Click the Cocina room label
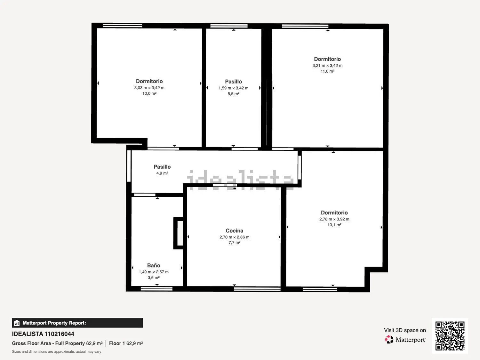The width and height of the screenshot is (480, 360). [x=234, y=231]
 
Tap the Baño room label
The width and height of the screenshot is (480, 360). [x=154, y=265]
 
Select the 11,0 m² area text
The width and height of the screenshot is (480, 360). [x=327, y=71]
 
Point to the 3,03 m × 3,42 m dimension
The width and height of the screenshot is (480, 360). [x=149, y=88]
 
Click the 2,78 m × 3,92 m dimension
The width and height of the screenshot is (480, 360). [x=334, y=219]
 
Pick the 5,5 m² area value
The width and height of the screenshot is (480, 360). [x=233, y=94]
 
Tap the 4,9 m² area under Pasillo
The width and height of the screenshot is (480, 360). [x=162, y=173]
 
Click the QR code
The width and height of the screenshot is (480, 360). [x=450, y=336]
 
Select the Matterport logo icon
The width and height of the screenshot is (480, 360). [x=389, y=340]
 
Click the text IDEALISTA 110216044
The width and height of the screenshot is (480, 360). [x=43, y=334]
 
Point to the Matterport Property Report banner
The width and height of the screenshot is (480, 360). [x=77, y=323]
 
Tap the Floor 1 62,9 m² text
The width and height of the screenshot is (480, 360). [x=126, y=343]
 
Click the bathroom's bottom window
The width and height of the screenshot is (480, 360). [x=156, y=289]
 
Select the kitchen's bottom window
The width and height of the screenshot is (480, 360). [x=257, y=289]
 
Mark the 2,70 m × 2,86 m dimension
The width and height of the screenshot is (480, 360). [x=235, y=237]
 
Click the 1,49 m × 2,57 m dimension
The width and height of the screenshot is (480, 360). [x=154, y=272]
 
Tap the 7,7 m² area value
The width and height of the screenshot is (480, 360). [x=235, y=243]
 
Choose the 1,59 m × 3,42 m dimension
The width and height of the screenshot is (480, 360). [x=233, y=88]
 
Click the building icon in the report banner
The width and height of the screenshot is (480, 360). [x=17, y=323]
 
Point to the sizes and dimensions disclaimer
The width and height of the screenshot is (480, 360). [x=56, y=352]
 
